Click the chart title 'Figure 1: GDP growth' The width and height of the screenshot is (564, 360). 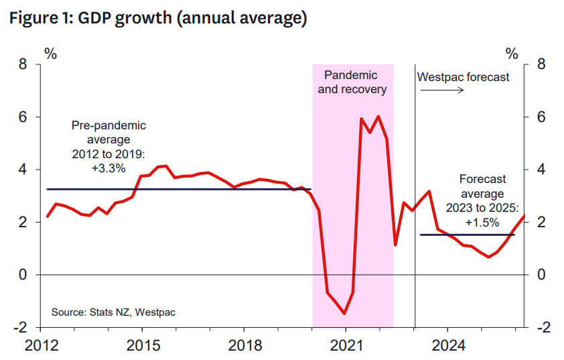coord(157,18)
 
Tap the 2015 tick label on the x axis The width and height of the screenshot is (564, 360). coord(142,347)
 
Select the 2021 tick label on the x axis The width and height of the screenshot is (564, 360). coord(345,347)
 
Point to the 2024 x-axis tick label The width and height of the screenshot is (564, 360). coord(447,347)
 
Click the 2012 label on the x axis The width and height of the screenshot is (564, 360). coord(41,347)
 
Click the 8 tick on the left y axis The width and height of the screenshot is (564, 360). coord(22,65)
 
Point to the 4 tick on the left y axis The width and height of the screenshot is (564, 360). coord(22,170)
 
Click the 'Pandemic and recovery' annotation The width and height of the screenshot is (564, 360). coord(352,82)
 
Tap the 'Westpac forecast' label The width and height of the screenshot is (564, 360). coord(463,77)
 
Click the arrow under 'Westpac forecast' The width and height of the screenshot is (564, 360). coord(451,90)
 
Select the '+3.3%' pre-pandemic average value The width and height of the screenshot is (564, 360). coord(109,169)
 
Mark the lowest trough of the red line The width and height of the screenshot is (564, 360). coord(344,313)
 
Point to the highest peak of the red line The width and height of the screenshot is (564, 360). coord(378,117)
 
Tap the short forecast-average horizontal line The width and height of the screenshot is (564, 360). coord(467,235)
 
